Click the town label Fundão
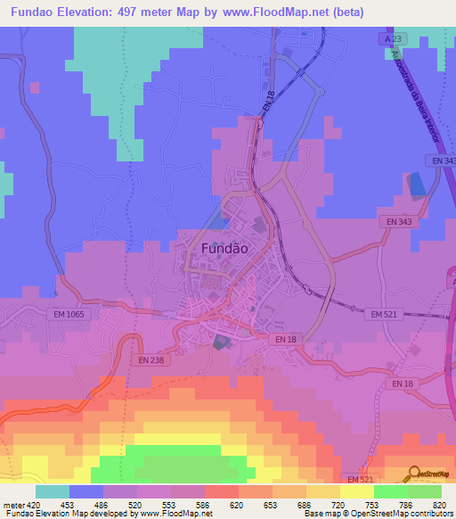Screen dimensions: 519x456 pos(225,249)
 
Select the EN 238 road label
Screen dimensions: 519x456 pos(151,359)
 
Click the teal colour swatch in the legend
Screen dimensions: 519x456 pos(53,491)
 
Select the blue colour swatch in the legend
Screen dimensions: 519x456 pos(86,491)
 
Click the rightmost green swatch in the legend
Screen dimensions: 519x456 pos(425,491)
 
